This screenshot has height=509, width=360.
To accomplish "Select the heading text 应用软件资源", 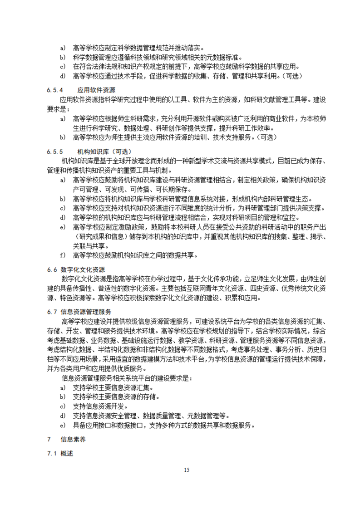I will tap(96, 89).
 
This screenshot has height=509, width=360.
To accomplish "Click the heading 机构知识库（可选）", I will tap(104, 152).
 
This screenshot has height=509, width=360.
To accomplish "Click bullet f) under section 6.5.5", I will tap(63, 255).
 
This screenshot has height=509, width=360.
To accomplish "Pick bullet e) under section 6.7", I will tap(63, 426).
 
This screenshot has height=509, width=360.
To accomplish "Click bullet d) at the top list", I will tap(63, 75).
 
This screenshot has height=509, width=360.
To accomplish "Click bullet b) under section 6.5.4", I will tap(63, 137).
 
